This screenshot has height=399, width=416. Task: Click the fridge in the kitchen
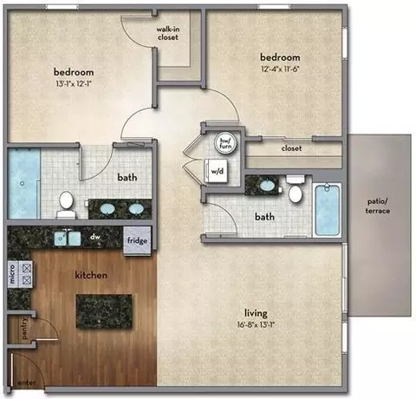pos(137,241)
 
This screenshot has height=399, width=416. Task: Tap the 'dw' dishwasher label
pos(95,237)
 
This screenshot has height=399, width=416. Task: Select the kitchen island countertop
pos(104,311)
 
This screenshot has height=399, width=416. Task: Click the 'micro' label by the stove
pos(12,274)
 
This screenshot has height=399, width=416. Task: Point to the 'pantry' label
pos(24,328)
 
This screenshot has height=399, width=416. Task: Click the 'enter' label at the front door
pos(27,383)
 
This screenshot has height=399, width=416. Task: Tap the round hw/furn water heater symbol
pos(225,143)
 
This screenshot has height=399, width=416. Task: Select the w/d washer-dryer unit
pos(217,171)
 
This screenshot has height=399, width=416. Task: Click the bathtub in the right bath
pos(327,209)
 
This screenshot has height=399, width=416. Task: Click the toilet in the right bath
pos(296,189)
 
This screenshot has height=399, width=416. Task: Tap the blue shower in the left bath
pos(23,183)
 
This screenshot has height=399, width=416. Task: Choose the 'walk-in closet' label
pos(168,33)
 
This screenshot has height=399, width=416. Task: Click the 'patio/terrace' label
pos(378,206)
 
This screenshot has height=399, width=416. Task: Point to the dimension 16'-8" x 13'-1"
pos(256,324)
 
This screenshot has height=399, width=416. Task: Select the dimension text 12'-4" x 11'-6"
pos(280,69)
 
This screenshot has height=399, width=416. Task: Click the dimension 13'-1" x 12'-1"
pos(74,84)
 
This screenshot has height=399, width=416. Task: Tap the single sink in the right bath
pos(268,185)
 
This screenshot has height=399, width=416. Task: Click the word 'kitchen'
pos(91,275)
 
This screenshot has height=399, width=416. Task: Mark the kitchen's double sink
pos(68,239)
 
